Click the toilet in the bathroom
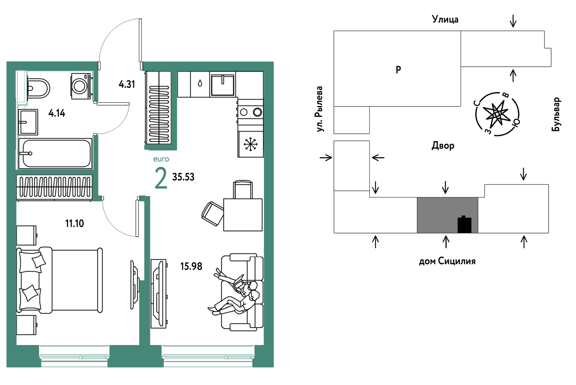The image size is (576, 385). pos(38,88)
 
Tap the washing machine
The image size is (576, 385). pos(81,86)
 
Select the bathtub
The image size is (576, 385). pos(55,154)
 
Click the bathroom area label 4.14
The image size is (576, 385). pos(57,113)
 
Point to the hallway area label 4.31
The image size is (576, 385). pos(127,84)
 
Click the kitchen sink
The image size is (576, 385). pos(223,84)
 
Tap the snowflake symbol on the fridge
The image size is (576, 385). pos(250,144)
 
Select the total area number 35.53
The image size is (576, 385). pos(183,177)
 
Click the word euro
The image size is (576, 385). pos(161,159)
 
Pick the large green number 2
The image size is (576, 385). pos(161,178)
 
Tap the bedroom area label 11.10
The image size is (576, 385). pos(74,224)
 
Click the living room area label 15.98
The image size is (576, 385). pos(191,266)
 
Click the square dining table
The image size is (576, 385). pos(243,215)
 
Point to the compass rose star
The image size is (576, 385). pos(497,114)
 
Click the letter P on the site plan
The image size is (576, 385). pos(398,70)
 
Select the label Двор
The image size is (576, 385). pos(443,146)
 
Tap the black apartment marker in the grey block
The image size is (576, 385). pos(465,225)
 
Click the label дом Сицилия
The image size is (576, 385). pos(447,261)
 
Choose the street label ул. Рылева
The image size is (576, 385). pos(319,109)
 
